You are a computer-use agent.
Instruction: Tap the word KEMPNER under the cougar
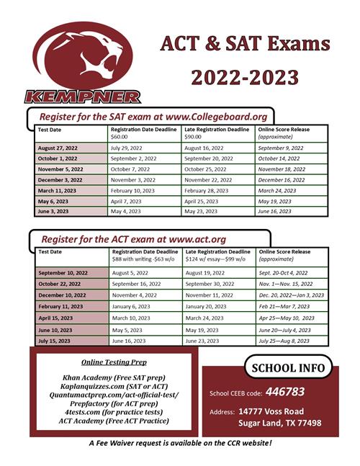click(82, 96)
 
